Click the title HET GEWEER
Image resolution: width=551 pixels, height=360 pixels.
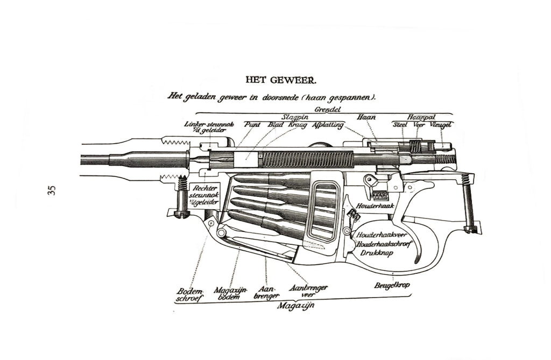(x=281, y=80)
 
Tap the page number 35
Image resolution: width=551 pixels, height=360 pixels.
(x=52, y=190)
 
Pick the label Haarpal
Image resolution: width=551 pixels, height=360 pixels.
(x=421, y=117)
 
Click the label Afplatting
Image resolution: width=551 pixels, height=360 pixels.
(x=327, y=125)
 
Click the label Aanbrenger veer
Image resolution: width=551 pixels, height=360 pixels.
(x=308, y=291)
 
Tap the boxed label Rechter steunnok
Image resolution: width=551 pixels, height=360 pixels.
(x=203, y=195)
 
